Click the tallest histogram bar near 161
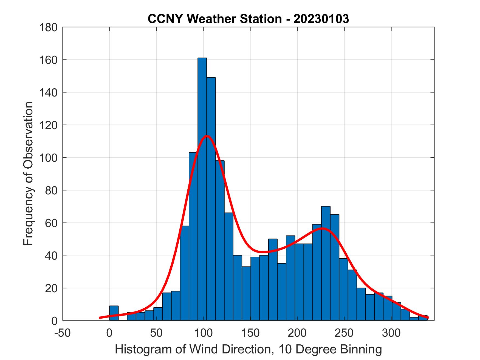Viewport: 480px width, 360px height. pos(202,189)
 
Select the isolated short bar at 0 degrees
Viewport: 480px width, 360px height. pos(114,313)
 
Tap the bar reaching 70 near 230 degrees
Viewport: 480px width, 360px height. pos(326,263)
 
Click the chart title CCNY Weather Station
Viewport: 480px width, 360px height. pos(214,19)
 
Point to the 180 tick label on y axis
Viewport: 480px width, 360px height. pos(48,27)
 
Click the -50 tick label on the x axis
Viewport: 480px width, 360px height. pos(63,333)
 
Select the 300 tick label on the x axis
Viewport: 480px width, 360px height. pos(391,333)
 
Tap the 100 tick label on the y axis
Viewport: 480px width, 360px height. pos(48,158)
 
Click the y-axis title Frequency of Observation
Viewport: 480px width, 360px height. pos(28,174)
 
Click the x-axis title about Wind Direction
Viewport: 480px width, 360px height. pos(248,350)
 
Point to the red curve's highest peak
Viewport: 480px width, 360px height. pos(207,136)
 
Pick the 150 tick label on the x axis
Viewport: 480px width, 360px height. pos(250,333)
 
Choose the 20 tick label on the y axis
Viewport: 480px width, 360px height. pos(51,288)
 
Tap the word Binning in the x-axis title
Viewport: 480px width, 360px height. pos(361,350)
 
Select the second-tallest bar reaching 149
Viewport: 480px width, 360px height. pos(211,199)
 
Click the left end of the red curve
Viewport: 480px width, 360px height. pos(100,318)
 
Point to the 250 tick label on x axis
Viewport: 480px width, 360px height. pos(344,333)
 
